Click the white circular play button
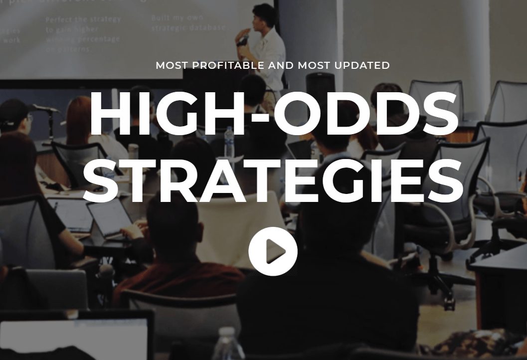click(273, 251)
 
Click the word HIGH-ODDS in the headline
click(273, 115)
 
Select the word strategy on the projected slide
click(103, 20)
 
